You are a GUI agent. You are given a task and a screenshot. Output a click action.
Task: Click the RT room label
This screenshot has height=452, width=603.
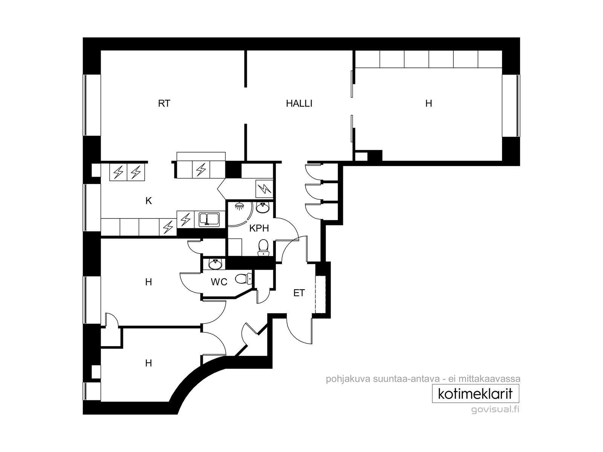pos(164,104)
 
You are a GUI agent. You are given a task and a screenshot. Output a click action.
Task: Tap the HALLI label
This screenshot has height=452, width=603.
pos(299,104)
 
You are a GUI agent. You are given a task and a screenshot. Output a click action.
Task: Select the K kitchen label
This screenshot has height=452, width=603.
pos(148,201)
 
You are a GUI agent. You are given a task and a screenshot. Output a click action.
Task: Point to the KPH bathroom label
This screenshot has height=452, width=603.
pos(259,228)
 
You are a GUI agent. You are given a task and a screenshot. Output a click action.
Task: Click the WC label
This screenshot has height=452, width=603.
pos(219,282)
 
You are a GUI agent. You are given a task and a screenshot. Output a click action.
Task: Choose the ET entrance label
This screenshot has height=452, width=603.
pos(299,293)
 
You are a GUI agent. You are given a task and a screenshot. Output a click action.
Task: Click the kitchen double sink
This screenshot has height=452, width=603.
pos(209,219)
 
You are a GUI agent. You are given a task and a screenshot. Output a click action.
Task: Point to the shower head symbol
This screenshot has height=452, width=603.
pos(240,206)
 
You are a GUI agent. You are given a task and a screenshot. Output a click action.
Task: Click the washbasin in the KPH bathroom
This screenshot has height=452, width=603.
pos(263,208)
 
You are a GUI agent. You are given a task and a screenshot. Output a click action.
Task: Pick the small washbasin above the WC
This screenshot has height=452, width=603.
pos(215,264)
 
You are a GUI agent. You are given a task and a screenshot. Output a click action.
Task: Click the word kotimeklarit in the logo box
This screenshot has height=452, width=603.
pos(475,394)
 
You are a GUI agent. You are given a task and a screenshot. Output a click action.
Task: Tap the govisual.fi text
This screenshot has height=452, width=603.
pos(495,410)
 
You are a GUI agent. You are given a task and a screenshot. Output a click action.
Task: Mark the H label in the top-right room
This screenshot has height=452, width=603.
pos(429,104)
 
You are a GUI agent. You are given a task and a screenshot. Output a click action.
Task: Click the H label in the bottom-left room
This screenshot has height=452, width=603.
pos(148,363)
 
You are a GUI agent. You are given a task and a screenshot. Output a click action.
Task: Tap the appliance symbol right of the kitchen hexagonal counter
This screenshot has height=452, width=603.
pos(264,189)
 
